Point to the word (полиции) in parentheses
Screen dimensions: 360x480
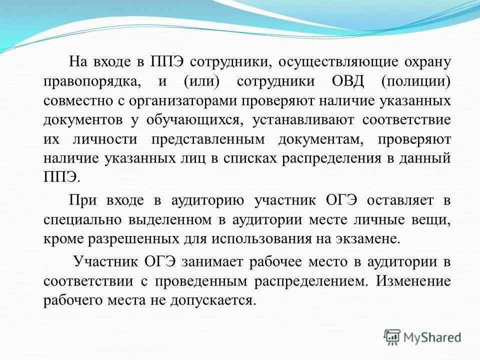pyautogui.click(x=416, y=81)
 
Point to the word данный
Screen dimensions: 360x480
pyautogui.click(x=426, y=158)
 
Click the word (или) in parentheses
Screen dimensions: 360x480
pyautogui.click(x=200, y=81)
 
